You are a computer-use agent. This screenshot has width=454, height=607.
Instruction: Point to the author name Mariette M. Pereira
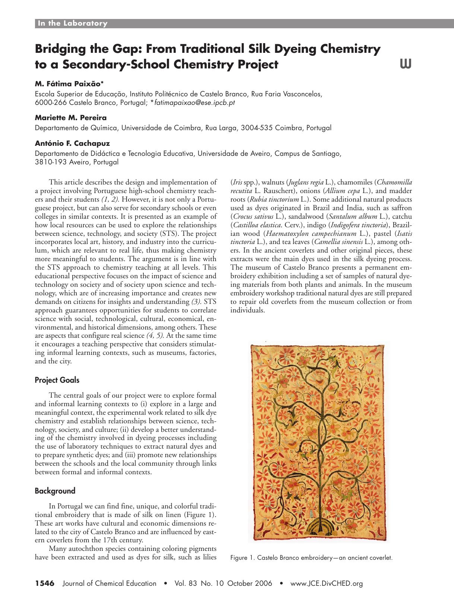71,118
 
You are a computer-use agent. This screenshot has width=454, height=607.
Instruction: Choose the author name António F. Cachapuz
72,143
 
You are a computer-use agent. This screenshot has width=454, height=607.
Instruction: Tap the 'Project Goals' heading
57,380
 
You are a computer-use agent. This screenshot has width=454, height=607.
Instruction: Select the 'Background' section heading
55,491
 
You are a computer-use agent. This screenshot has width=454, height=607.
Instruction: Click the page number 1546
45,584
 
